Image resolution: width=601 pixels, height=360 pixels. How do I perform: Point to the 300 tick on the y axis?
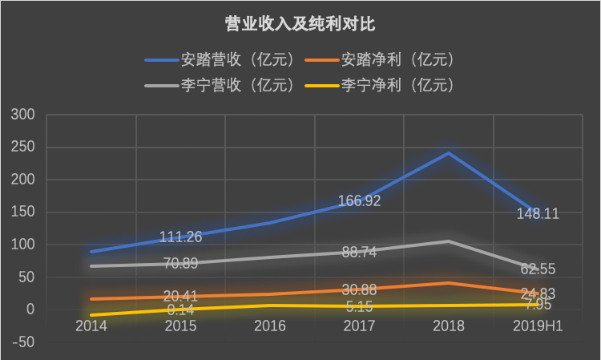tap(24, 115)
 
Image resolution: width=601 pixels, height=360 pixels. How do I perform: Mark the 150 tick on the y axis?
tap(24, 212)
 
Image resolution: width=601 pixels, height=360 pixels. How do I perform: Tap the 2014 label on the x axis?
tap(91, 326)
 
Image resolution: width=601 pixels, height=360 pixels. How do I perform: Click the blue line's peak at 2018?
tap(448, 153)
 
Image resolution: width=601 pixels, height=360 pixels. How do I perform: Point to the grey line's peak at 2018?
tap(448, 241)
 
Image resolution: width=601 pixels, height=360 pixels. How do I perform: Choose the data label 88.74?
tap(358, 251)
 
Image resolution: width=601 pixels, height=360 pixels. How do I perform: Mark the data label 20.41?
tap(180, 296)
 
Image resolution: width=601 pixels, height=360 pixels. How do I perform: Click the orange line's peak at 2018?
tap(448, 283)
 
